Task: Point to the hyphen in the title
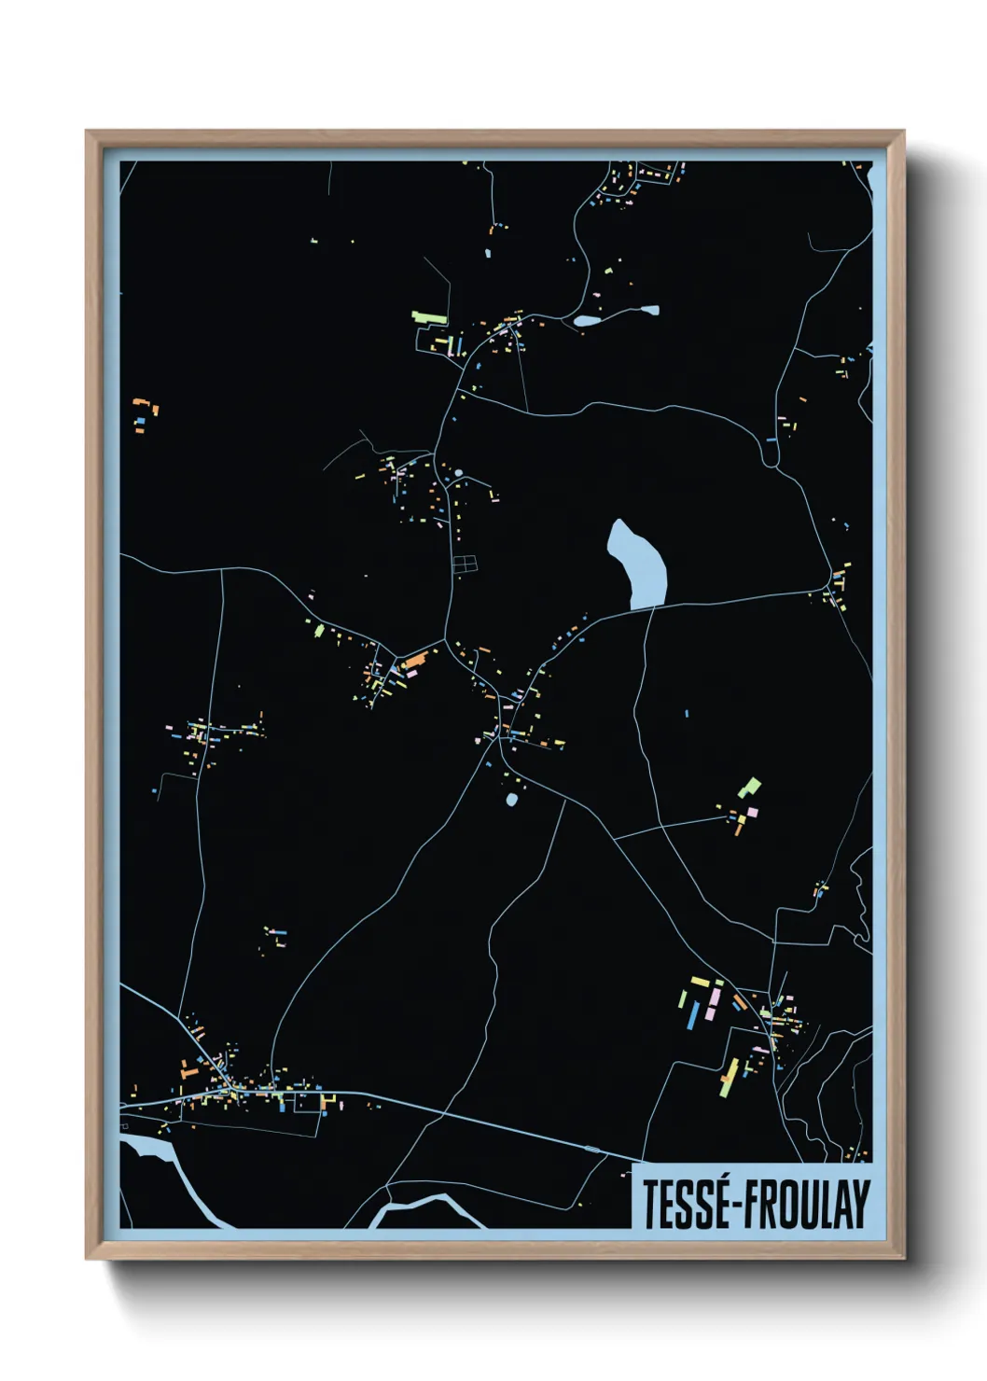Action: pos(736,1207)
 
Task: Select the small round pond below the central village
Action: pos(511,800)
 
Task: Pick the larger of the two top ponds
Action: pos(588,320)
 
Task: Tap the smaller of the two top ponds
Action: pos(648,310)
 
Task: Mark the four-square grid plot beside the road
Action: pos(464,563)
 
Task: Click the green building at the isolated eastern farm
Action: pos(749,788)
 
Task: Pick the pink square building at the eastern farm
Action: pos(752,812)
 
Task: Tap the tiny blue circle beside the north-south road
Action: pos(458,473)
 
